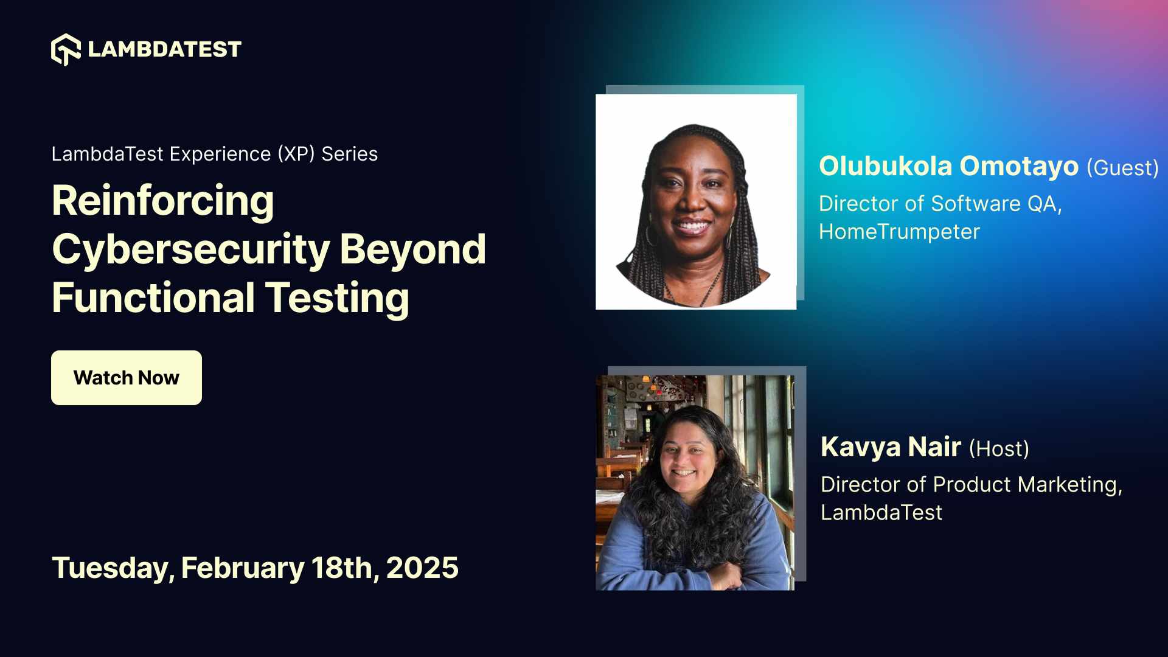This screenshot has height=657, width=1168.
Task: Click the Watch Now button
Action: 126,378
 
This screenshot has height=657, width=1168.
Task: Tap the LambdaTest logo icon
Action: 66,49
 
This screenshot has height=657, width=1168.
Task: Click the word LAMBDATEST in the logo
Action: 164,49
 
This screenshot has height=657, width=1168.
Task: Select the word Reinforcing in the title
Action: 163,201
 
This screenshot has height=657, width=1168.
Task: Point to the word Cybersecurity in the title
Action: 191,249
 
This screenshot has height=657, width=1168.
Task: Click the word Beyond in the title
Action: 412,249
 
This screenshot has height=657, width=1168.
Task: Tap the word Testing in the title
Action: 337,298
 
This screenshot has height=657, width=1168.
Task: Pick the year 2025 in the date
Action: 422,568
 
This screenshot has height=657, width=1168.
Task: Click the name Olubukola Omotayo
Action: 948,166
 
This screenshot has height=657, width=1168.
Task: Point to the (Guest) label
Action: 1122,168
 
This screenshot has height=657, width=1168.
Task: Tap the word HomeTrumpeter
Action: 899,232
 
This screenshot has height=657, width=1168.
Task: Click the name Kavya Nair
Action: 891,447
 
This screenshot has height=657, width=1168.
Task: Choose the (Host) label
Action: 999,449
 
